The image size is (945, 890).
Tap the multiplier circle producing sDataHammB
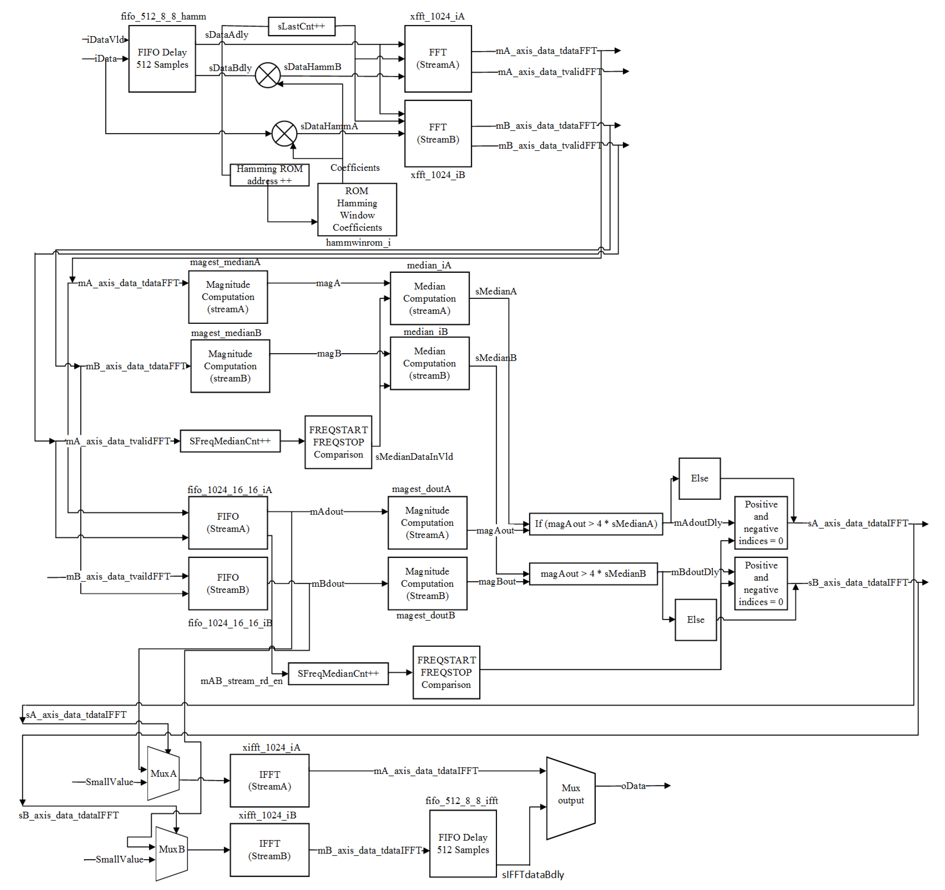point(268,75)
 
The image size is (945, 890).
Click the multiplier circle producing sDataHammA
point(284,134)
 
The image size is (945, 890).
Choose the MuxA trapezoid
point(163,774)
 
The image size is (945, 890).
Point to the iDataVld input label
point(106,39)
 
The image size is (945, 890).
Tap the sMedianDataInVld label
point(414,456)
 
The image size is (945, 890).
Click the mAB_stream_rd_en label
point(242,681)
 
